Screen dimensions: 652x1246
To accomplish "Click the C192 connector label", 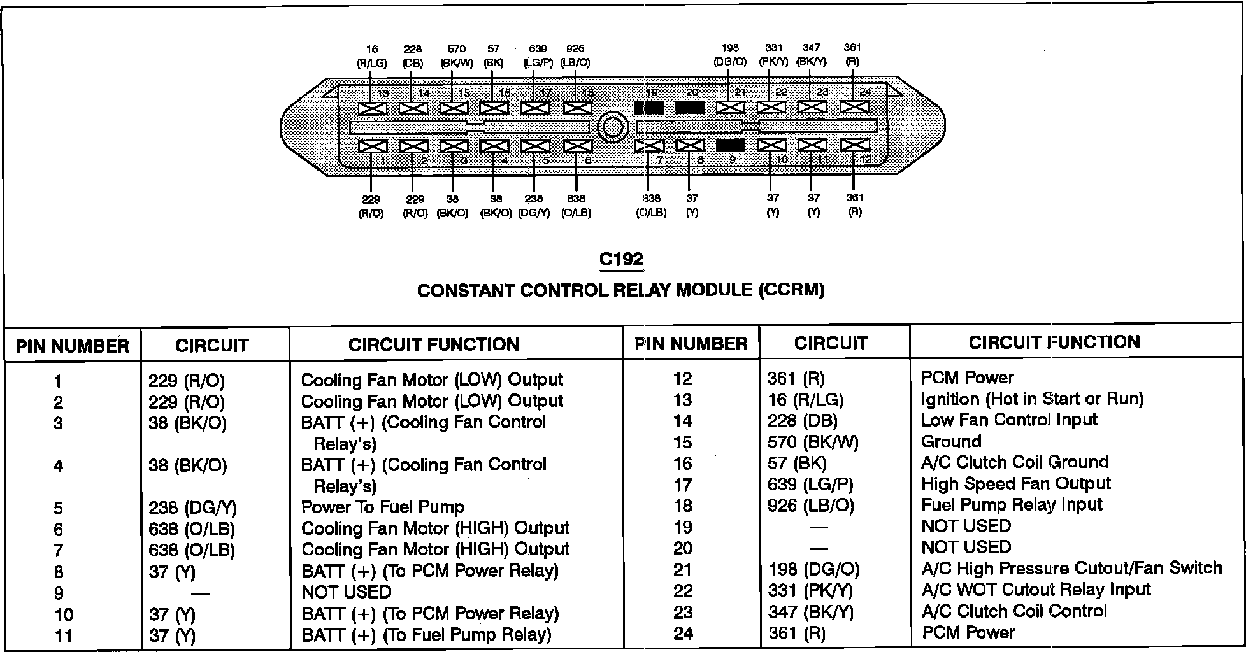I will [621, 259].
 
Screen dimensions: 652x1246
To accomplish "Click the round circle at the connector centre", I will [612, 127].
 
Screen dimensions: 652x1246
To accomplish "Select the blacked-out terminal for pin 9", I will [731, 145].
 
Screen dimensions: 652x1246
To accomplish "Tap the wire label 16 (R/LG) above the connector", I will [371, 56].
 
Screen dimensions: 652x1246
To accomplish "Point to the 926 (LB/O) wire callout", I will [575, 56].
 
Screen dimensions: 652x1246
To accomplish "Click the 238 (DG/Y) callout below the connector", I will [534, 206].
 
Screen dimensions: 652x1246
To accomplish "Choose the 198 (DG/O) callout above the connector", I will [730, 55].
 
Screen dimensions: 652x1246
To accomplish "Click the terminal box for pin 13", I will [373, 108].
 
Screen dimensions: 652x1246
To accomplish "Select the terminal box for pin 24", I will [854, 107].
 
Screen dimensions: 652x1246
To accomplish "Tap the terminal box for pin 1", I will [373, 146].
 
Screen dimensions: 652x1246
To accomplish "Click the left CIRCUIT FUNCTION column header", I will [433, 344].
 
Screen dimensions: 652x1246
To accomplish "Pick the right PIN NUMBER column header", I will [691, 344].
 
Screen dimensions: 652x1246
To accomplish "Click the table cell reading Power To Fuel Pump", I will [382, 507].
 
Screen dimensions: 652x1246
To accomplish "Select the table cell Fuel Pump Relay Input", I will [1012, 505].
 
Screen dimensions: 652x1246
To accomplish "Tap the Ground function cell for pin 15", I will [951, 441].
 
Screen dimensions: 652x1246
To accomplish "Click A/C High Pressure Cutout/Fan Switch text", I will [1071, 568].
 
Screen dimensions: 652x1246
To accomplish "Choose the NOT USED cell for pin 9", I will [347, 592].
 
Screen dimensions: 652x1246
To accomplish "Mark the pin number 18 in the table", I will [682, 506].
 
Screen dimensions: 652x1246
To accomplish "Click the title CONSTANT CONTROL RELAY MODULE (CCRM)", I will [620, 290].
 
